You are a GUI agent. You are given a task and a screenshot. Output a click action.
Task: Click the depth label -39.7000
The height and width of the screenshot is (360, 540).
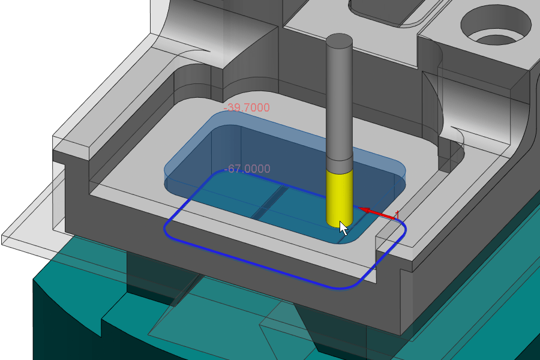(247, 107)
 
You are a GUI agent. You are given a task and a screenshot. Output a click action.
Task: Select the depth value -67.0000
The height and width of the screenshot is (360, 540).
(247, 169)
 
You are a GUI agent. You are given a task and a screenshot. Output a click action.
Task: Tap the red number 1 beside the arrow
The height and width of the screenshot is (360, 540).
(397, 215)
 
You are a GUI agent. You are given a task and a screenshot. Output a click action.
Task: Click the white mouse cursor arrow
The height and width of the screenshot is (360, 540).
(343, 229)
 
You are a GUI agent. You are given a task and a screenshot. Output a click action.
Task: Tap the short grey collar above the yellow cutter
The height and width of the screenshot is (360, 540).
(339, 164)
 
